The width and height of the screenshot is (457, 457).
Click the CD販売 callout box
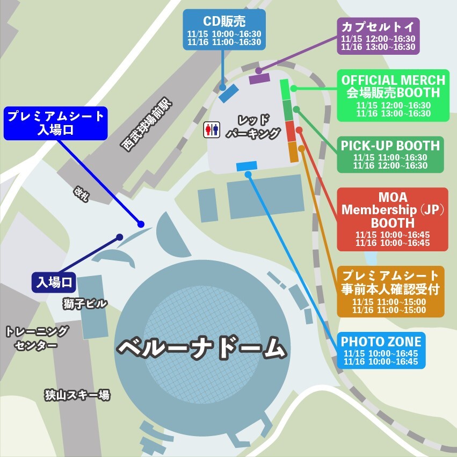(x=224, y=30)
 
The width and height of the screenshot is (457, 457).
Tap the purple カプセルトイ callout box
(x=378, y=36)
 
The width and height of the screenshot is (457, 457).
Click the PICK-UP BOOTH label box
(x=390, y=154)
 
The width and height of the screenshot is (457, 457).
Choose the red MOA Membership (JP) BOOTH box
(x=392, y=219)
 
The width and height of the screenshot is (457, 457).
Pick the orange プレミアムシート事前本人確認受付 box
(x=390, y=291)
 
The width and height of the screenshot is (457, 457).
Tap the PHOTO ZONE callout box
(x=381, y=350)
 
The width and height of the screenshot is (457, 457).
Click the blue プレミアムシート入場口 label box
(x=55, y=122)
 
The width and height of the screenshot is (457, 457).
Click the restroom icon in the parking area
(x=211, y=129)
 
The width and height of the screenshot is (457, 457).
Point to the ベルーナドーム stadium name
(x=201, y=348)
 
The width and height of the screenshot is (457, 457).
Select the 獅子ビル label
(x=85, y=304)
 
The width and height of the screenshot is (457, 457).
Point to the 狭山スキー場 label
(x=77, y=396)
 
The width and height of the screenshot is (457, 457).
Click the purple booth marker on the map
(x=259, y=78)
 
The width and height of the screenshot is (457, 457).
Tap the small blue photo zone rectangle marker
(x=246, y=166)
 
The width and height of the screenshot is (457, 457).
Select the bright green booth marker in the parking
(x=285, y=89)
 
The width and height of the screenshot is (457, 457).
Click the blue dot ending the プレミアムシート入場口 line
(x=141, y=224)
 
